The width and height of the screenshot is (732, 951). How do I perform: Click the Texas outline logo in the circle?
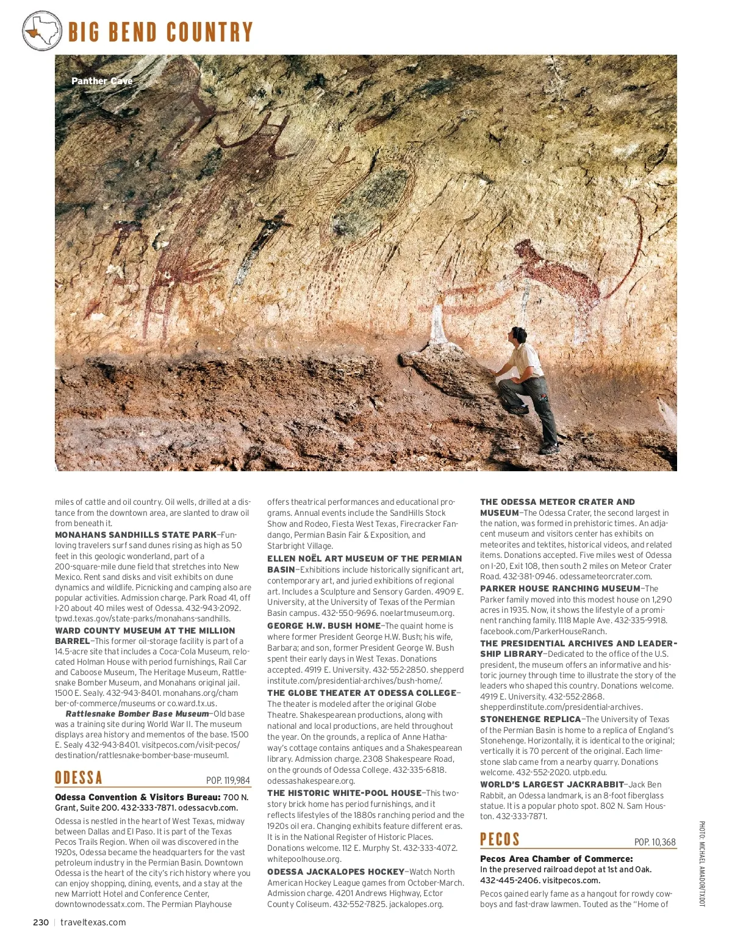pos(42,31)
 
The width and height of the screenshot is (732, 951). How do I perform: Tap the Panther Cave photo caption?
pos(102,81)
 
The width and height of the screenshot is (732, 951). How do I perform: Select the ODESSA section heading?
pos(79,778)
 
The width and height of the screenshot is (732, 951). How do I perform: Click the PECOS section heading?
pos(500,839)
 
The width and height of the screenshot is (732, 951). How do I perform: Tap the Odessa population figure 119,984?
pos(228,780)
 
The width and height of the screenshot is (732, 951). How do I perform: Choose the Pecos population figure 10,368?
pos(655,842)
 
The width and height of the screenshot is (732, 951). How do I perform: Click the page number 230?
pos(41,922)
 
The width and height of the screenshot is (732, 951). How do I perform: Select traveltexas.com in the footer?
pos(93,922)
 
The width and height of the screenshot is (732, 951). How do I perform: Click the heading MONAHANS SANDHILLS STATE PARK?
pos(135,535)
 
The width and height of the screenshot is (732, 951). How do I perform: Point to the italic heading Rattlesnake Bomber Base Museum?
pos(137,714)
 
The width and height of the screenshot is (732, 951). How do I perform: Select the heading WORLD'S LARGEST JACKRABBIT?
pos(551,784)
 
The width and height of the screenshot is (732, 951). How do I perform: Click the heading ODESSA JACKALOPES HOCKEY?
pos(335,872)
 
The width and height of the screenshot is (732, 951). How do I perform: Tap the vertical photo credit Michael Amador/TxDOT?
pos(701,864)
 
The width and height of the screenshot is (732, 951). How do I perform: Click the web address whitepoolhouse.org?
pos(304,859)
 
